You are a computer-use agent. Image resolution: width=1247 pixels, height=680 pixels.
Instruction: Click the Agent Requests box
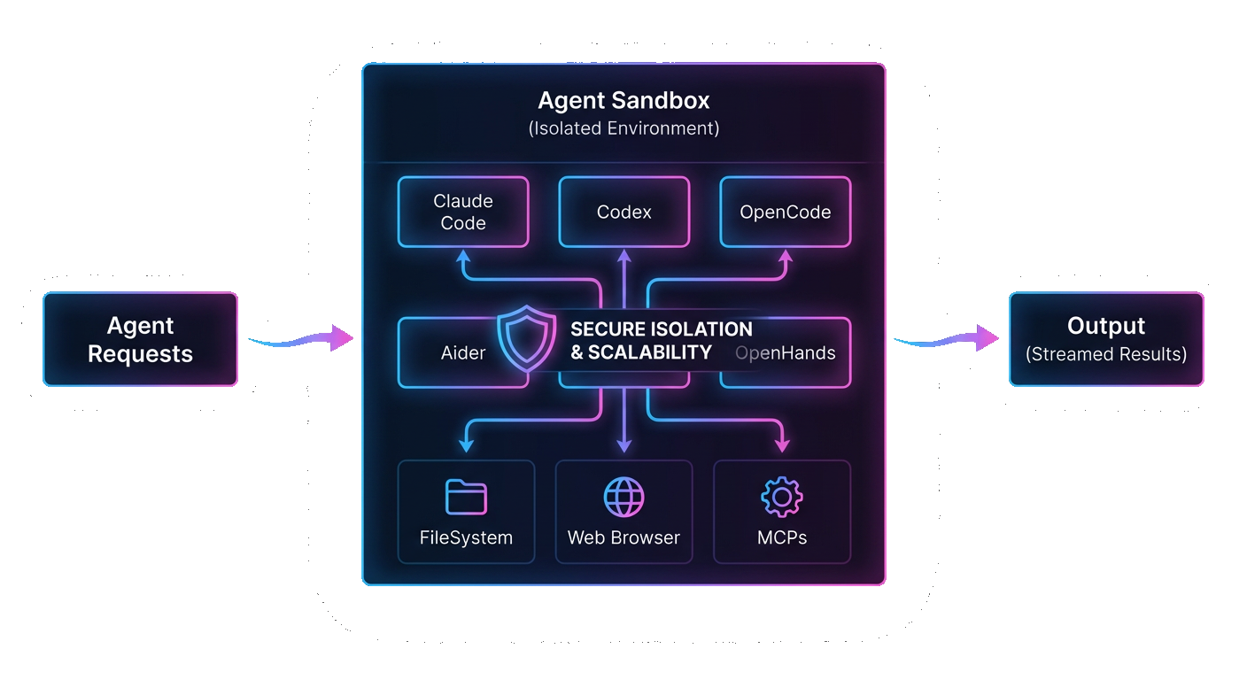pyautogui.click(x=140, y=339)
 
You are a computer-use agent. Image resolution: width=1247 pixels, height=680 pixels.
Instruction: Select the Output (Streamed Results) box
pyautogui.click(x=1106, y=339)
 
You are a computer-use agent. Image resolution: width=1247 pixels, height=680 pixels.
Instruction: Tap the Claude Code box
pyautogui.click(x=463, y=212)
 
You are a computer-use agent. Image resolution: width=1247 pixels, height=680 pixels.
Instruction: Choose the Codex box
pyautogui.click(x=623, y=212)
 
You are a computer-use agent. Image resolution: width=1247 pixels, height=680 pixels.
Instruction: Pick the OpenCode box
pyautogui.click(x=785, y=212)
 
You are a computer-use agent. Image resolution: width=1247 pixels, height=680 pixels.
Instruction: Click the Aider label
pyautogui.click(x=463, y=353)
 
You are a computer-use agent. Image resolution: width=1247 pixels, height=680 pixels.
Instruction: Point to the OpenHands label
pyautogui.click(x=786, y=353)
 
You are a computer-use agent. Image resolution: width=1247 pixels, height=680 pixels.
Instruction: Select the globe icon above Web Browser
pyautogui.click(x=623, y=497)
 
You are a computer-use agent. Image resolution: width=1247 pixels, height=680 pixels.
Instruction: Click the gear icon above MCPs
pyautogui.click(x=782, y=497)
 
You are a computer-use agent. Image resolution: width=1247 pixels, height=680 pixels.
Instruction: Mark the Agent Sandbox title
pyautogui.click(x=623, y=100)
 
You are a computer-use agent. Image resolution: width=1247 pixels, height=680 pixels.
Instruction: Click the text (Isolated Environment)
pyautogui.click(x=623, y=128)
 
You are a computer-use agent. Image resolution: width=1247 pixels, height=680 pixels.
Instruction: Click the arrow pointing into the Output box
pyautogui.click(x=947, y=337)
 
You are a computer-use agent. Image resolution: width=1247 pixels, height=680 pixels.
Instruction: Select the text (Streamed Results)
pyautogui.click(x=1106, y=354)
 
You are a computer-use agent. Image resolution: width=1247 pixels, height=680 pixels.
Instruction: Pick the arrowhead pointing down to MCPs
pyautogui.click(x=782, y=441)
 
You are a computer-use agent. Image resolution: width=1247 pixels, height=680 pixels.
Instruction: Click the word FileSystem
pyautogui.click(x=466, y=537)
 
